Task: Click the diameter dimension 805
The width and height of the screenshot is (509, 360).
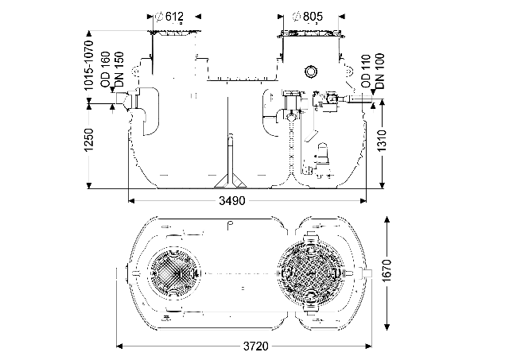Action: (x=317, y=17)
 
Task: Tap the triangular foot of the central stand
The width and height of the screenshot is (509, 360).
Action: (x=231, y=178)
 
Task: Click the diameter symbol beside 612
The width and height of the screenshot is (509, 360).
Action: (x=162, y=17)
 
